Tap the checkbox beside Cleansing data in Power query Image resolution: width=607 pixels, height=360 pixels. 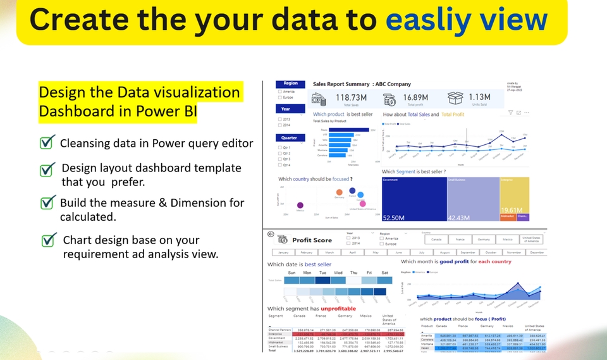tap(47, 143)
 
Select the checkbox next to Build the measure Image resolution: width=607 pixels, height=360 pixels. tap(47, 203)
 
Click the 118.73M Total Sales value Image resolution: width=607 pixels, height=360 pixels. tap(351, 97)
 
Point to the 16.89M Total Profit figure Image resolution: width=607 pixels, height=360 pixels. tap(415, 97)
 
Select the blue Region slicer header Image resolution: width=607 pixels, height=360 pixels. tap(291, 84)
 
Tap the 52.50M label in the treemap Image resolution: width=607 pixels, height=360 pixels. tap(394, 218)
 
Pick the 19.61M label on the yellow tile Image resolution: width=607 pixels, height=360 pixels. tap(511, 209)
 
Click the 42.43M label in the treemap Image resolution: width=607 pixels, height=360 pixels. tap(460, 218)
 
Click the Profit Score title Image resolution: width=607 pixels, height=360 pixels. tap(312, 240)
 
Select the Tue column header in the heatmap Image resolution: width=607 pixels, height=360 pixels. tap(322, 273)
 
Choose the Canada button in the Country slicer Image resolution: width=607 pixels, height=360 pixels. tap(436, 240)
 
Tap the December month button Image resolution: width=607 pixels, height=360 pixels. tap(536, 252)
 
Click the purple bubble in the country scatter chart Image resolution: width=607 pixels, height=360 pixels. tap(300, 205)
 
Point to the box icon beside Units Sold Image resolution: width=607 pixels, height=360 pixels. tap(455, 98)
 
